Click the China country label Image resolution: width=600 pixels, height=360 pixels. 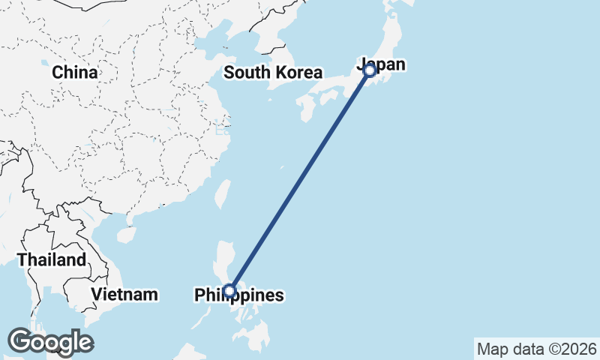[x=75, y=73]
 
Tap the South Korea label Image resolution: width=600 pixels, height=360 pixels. [x=273, y=73]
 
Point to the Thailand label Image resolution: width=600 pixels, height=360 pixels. [x=52, y=260]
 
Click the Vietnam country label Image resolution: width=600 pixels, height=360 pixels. [x=124, y=294]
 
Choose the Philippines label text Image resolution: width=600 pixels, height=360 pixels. [x=239, y=295]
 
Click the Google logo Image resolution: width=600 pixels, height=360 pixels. [x=50, y=342]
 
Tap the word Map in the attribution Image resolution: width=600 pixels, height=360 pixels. [x=493, y=349]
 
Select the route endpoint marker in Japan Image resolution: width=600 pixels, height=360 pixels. [x=369, y=70]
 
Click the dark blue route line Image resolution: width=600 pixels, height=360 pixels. [x=300, y=180]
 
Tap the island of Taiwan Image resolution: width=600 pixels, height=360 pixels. [x=222, y=193]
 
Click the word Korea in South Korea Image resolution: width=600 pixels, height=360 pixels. [x=298, y=73]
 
